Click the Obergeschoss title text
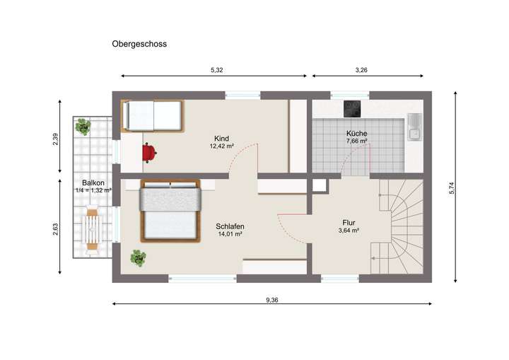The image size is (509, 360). point(139,44)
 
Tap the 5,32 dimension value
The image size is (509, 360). point(218,69)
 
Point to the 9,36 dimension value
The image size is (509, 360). point(272,300)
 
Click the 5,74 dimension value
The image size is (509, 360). point(450,188)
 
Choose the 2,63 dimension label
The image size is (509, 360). point(56,231)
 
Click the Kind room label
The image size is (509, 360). point(222,139)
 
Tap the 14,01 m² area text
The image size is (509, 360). point(230,234)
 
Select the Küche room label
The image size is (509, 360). point(356,134)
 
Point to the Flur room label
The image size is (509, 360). point(349,222)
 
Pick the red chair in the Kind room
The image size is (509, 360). point(148,151)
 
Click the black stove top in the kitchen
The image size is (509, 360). point(353,108)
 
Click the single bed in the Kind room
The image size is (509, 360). point(153,115)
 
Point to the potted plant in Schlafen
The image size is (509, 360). point(138,258)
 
